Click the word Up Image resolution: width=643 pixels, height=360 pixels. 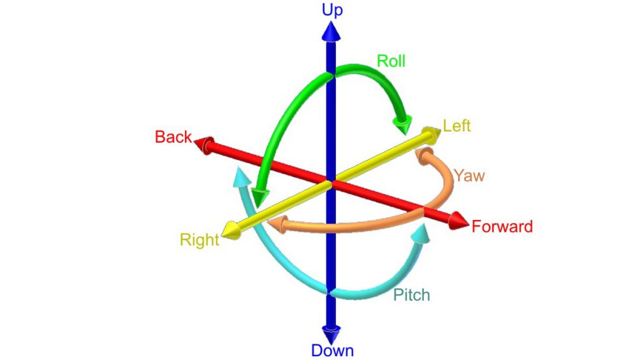(332, 10)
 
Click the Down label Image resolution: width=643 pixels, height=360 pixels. (332, 351)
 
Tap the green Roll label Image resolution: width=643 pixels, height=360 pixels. (390, 61)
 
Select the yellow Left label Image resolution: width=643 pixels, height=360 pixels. (456, 126)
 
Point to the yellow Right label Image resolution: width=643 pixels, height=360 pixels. (200, 240)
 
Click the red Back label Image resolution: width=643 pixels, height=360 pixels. (173, 137)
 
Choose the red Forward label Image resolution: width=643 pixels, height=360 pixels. (502, 227)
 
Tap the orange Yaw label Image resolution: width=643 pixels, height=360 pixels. (469, 176)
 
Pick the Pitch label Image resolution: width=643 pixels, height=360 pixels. (411, 295)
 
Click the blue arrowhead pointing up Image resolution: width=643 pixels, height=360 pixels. (331, 31)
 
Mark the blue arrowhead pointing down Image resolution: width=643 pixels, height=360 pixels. (331, 334)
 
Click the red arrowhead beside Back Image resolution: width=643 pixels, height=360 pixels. (204, 145)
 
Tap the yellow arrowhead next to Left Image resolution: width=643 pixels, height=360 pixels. (431, 135)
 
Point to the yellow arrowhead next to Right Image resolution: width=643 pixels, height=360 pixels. (230, 230)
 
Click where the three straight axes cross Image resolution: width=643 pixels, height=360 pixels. (331, 183)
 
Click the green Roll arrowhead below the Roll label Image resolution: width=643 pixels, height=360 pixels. (403, 124)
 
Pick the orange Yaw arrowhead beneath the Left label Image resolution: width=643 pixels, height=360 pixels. (425, 155)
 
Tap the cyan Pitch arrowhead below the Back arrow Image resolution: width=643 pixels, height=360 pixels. (242, 177)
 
